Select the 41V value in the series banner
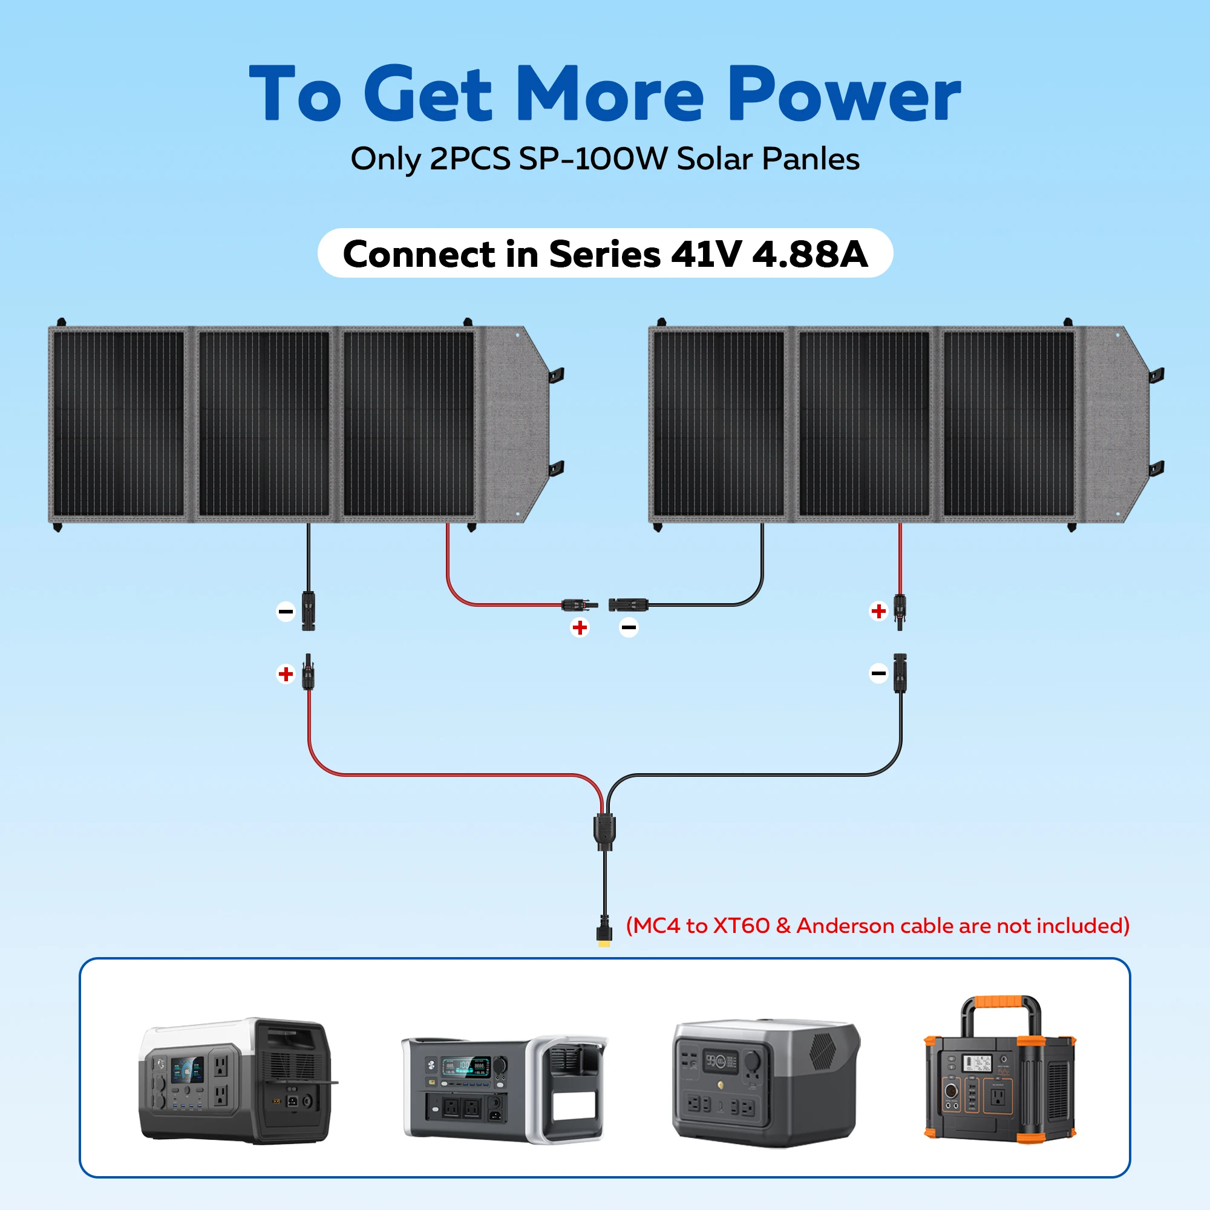click(x=706, y=254)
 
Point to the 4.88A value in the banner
click(x=810, y=254)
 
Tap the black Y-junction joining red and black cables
click(x=604, y=830)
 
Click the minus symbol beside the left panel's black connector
click(x=286, y=611)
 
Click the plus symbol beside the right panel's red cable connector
click(x=878, y=610)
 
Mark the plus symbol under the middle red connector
click(x=580, y=627)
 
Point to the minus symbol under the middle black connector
click(x=629, y=627)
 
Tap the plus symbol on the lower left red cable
click(x=286, y=674)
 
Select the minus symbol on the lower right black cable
click(x=878, y=674)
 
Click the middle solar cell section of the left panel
click(x=264, y=424)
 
